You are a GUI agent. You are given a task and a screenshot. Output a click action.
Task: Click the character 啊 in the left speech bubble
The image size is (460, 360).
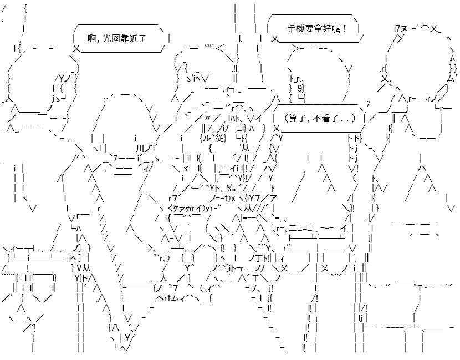[93, 38]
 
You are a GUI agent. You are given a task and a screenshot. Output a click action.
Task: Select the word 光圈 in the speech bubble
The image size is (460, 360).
[112, 38]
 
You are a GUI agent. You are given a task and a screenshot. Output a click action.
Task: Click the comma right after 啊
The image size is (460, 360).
[99, 40]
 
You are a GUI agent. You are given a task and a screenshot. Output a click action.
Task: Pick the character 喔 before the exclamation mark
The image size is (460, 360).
[336, 29]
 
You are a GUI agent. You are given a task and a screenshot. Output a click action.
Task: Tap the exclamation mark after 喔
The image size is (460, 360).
[344, 29]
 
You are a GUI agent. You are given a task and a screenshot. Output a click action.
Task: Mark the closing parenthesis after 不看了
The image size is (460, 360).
[353, 118]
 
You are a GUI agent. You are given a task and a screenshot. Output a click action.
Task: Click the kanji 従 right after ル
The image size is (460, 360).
[219, 138]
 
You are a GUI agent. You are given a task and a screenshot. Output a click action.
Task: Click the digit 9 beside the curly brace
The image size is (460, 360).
[299, 88]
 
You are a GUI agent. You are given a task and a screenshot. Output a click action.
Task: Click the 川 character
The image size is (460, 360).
[139, 147]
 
